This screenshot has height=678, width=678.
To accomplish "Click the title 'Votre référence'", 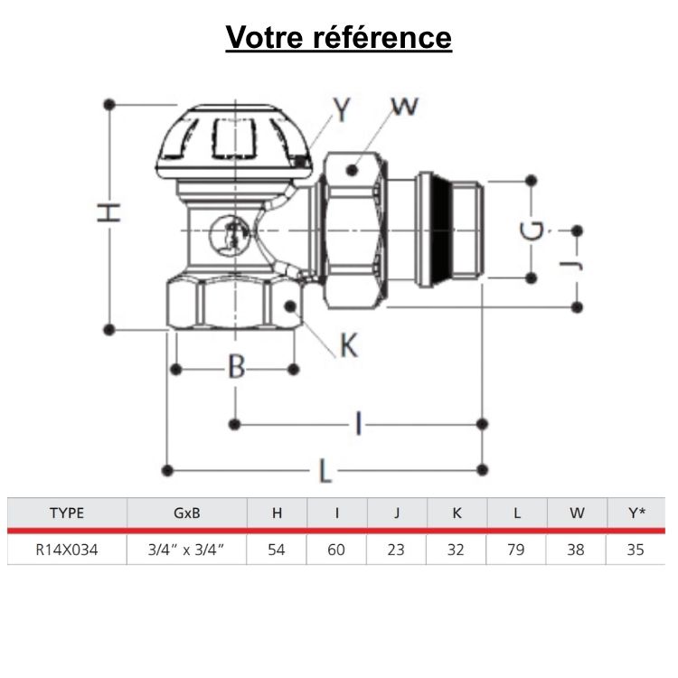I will [x=338, y=38].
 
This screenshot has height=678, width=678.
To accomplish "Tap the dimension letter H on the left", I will [x=108, y=212].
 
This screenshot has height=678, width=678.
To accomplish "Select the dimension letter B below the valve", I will [x=236, y=367].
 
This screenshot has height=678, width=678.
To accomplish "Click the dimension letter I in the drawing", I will [x=359, y=422].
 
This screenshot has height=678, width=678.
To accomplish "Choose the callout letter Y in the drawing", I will [x=342, y=109].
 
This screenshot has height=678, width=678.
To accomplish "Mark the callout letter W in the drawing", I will [x=405, y=106].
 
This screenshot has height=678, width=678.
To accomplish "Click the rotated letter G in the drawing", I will [x=534, y=231].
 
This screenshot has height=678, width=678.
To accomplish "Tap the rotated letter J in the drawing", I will [x=569, y=266].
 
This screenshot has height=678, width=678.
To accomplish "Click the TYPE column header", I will [x=67, y=513].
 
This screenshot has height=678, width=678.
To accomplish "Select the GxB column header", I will [x=186, y=513].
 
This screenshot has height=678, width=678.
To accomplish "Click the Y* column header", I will [x=636, y=513].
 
